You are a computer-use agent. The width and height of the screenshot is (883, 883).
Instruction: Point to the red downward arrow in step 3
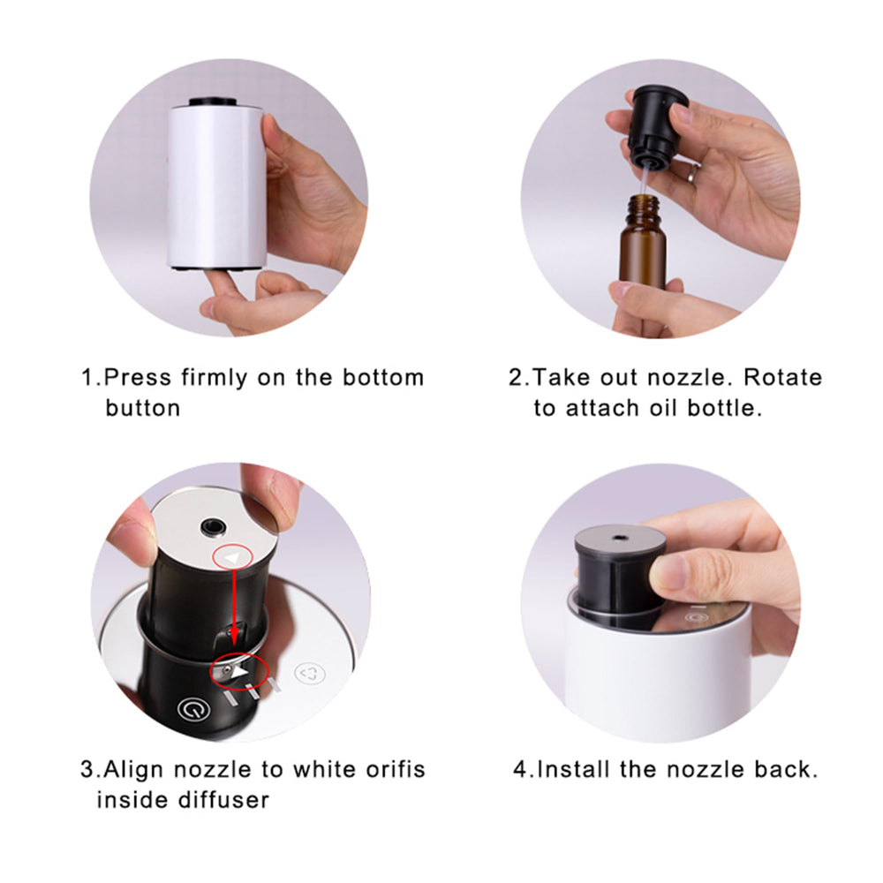(x=233, y=609)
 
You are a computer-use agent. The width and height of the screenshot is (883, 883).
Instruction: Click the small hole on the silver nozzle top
(x=212, y=527)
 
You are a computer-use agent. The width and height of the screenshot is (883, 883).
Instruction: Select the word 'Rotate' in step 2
(x=781, y=378)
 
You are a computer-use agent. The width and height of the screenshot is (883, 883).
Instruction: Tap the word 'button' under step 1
(x=142, y=408)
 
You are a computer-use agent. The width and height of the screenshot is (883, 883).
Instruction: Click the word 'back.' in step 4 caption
(x=784, y=769)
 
